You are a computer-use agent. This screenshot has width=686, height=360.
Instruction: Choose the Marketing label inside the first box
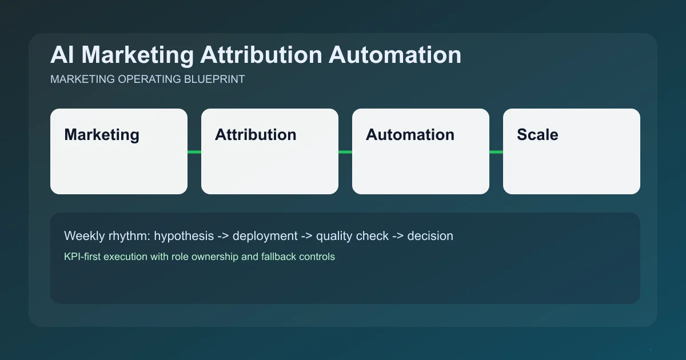pyautogui.click(x=102, y=135)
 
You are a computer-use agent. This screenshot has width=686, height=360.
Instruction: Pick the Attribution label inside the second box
pyautogui.click(x=256, y=135)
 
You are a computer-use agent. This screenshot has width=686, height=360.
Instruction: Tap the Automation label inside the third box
pyautogui.click(x=410, y=135)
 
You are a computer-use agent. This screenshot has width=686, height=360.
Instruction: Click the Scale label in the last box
pyautogui.click(x=537, y=135)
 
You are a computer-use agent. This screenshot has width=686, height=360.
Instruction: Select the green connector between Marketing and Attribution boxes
pyautogui.click(x=194, y=151)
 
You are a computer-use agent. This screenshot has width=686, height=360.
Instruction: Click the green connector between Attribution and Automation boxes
pyautogui.click(x=345, y=151)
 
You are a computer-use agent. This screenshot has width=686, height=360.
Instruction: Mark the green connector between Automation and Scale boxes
pyautogui.click(x=496, y=151)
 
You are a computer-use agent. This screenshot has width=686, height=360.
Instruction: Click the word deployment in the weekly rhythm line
pyautogui.click(x=265, y=235)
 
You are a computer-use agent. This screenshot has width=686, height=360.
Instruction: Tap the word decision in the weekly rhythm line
pyautogui.click(x=430, y=235)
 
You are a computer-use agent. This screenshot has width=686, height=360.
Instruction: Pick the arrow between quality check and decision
pyautogui.click(x=398, y=235)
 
